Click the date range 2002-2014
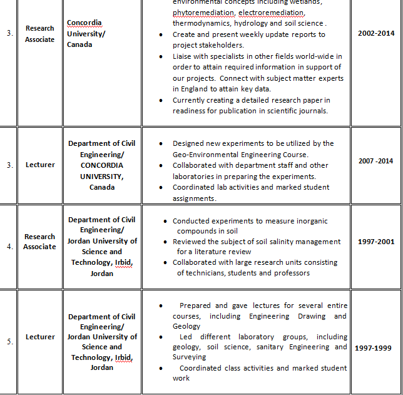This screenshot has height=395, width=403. coord(376,33)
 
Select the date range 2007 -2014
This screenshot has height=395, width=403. coord(376,161)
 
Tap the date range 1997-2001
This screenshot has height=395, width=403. coord(375,241)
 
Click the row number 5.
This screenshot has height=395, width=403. coord(9,341)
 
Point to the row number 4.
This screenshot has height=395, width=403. coord(9,246)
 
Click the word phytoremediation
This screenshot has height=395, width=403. coord(204,13)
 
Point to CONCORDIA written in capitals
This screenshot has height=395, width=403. coord(102,165)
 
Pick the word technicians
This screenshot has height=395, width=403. coord(200,272)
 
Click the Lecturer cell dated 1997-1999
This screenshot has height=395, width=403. coord(40,337)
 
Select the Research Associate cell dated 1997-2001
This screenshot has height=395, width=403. coord(40,242)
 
